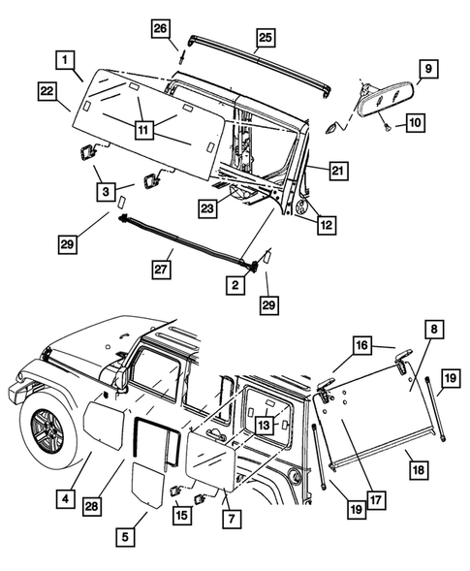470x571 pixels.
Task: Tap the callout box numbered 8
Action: (433, 331)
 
